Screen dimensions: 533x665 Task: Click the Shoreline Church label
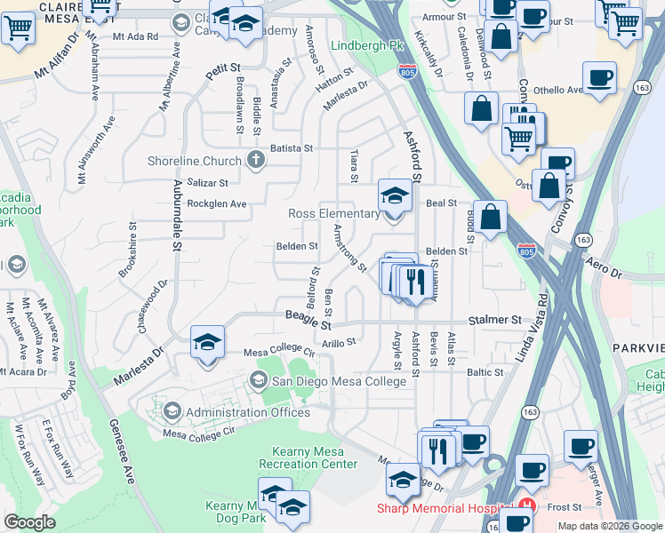coord(195,161)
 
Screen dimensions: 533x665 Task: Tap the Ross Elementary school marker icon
coord(395,196)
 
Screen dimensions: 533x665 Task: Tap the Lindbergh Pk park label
coord(361,45)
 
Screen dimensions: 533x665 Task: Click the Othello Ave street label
coord(557,90)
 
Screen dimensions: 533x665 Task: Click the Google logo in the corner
coord(30,522)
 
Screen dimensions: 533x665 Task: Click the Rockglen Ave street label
coord(216,203)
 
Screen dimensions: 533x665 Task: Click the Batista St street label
coord(292,148)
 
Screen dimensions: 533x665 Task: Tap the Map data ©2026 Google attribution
coord(610,526)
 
